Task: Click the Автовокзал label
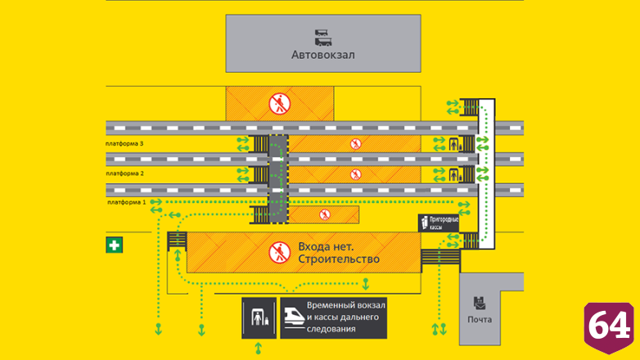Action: pos(322,55)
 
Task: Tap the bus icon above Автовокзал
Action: pos(322,38)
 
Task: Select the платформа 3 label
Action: pos(124,144)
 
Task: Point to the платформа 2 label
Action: pos(125,173)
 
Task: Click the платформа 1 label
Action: pos(127,202)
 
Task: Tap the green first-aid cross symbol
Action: pos(115,245)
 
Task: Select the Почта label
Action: pos(480,320)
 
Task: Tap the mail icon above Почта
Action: pos(480,304)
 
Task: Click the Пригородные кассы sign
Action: pos(439,223)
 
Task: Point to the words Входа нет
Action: pos(326,247)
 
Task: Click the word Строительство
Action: pos(339,259)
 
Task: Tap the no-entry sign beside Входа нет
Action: pos(280,252)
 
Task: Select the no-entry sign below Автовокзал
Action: pos(280,104)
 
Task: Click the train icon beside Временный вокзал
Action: pos(295,317)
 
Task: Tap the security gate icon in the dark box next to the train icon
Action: pos(259,318)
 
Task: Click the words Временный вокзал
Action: pos(346,305)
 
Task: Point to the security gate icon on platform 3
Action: pos(455,144)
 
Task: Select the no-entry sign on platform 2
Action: pos(355,175)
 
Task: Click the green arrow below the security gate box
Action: pos(259,349)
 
